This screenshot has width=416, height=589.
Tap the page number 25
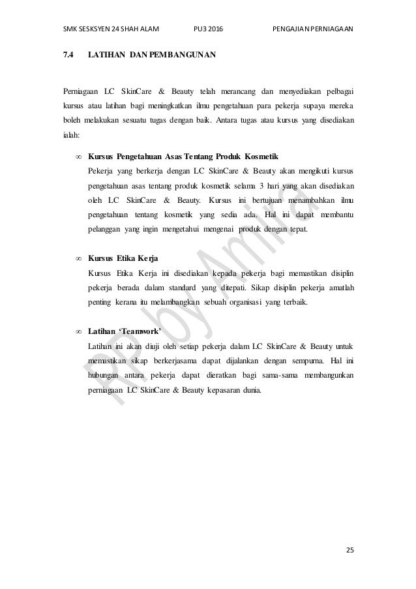(350, 551)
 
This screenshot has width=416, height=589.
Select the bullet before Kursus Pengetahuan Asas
(79, 158)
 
